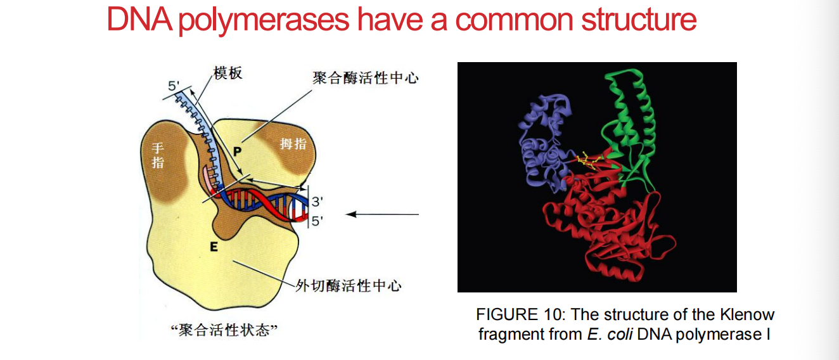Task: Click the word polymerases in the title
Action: pos(263,22)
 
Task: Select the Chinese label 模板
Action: pos(228,74)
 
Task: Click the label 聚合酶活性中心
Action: pos(365,79)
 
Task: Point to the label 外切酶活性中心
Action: pos(349,285)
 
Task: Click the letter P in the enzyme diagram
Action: pos(237,151)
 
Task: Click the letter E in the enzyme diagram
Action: pos(214,247)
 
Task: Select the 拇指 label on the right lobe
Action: pos(293,144)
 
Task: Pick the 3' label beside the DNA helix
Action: pos(317,202)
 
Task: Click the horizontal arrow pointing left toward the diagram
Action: pos(383,214)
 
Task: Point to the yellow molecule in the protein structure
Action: pos(587,160)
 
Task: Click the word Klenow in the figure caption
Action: pos(747,315)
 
